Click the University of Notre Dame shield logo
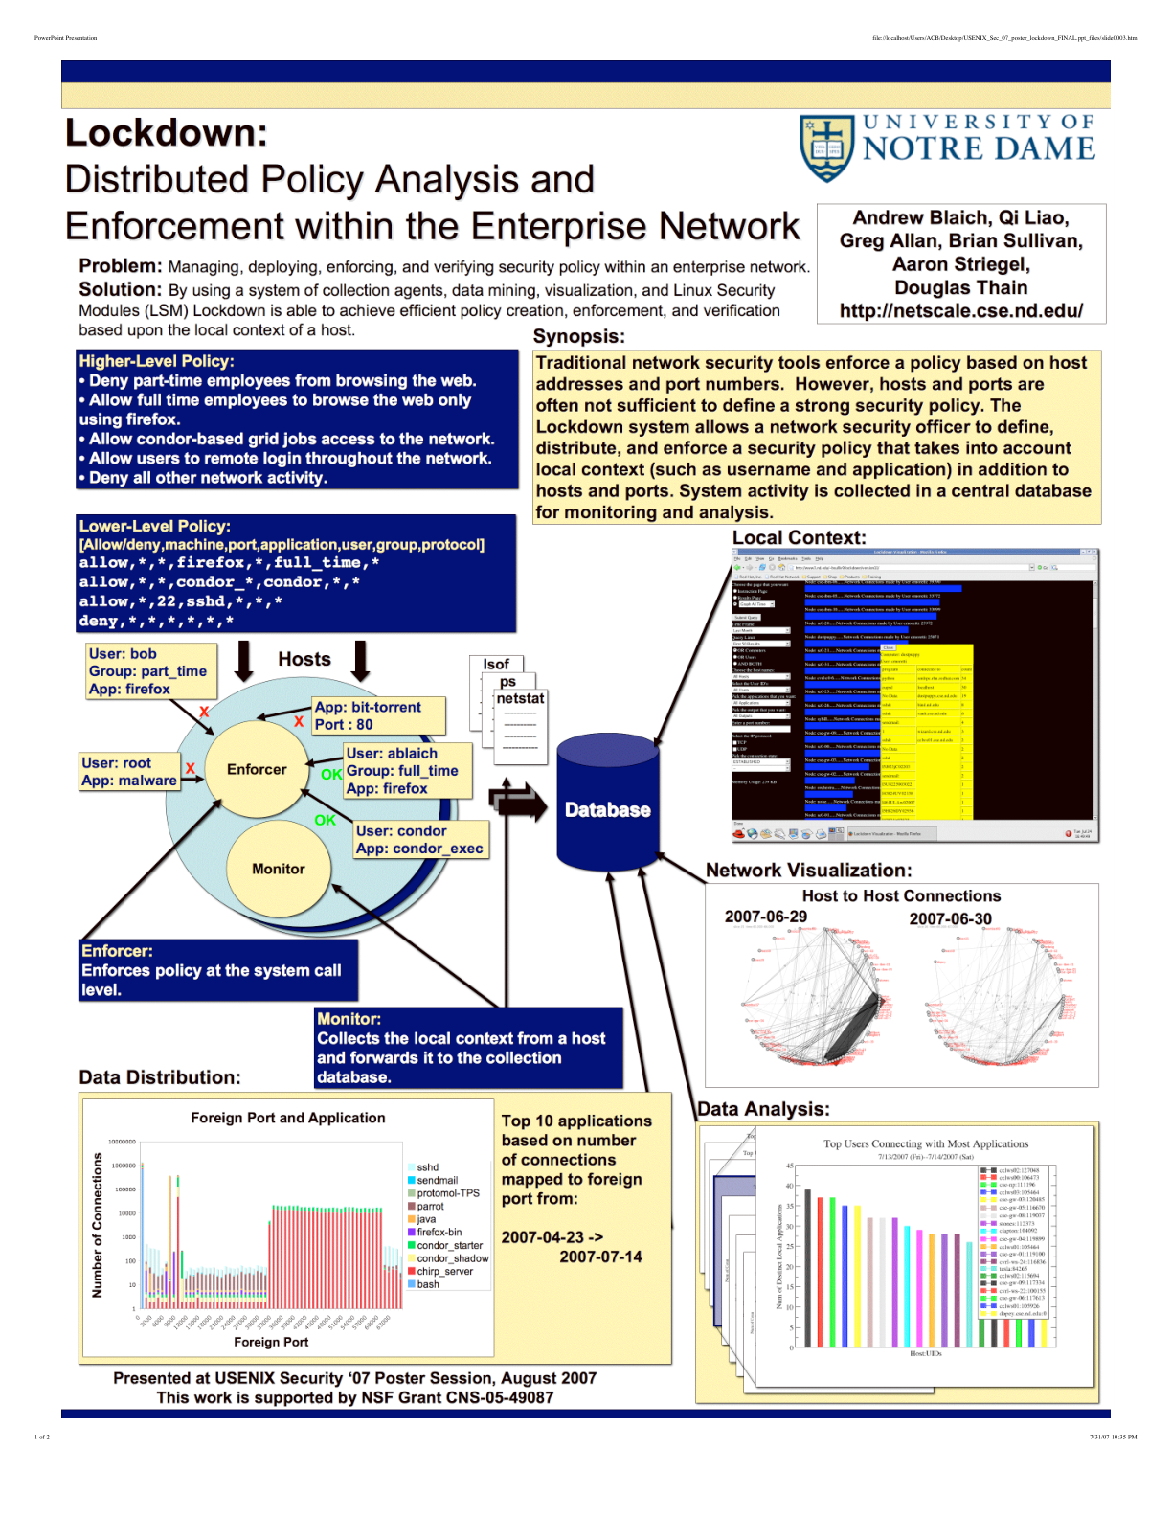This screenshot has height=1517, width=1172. coord(826,148)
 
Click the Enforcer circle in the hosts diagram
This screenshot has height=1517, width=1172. coord(257,769)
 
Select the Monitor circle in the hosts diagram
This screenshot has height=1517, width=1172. coord(279,869)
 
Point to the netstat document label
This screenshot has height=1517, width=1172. coord(520,699)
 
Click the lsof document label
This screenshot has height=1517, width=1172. coord(496,664)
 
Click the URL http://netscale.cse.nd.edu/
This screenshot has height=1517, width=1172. coord(960,310)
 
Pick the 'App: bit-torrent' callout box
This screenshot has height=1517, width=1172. coord(378,715)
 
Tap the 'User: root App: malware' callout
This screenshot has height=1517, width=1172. coord(129,771)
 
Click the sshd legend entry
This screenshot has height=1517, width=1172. coord(427,1167)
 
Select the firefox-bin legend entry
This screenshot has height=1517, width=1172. coord(439,1233)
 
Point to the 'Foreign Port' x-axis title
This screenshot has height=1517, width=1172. coord(271,1342)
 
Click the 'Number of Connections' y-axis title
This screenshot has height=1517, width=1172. coord(97,1225)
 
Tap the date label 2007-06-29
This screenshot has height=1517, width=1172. coord(765,917)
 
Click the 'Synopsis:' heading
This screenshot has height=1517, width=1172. coord(578,336)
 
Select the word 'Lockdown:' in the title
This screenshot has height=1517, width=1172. coord(167,133)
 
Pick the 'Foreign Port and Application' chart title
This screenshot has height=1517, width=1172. coord(287,1118)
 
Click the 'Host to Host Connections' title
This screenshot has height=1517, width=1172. coord(901,895)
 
